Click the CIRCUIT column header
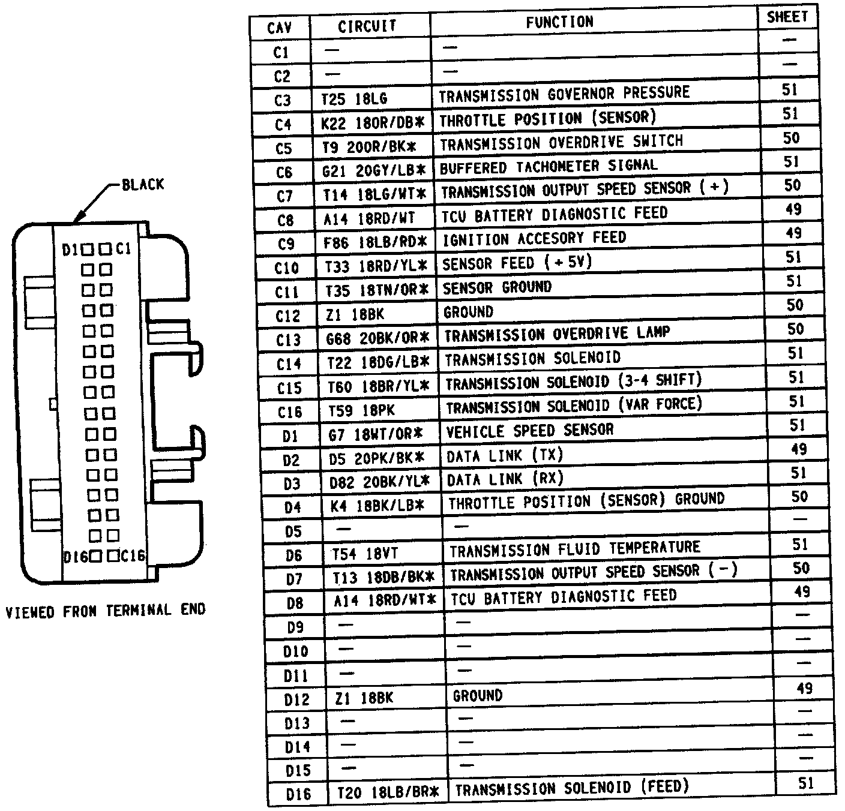[x=367, y=26]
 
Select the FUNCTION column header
[x=559, y=23]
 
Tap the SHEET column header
[x=787, y=17]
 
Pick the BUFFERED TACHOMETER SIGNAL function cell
[x=549, y=167]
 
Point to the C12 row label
[x=287, y=316]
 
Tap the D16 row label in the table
[x=298, y=794]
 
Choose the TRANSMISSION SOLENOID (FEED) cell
[x=572, y=788]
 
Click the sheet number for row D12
[x=804, y=688]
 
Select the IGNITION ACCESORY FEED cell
[x=534, y=239]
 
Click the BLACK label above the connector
[x=143, y=184]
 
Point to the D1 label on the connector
[x=71, y=249]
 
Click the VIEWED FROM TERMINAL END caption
[x=106, y=611]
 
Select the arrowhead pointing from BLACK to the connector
[x=76, y=219]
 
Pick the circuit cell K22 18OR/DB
[x=373, y=123]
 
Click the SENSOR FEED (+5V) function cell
[x=517, y=263]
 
